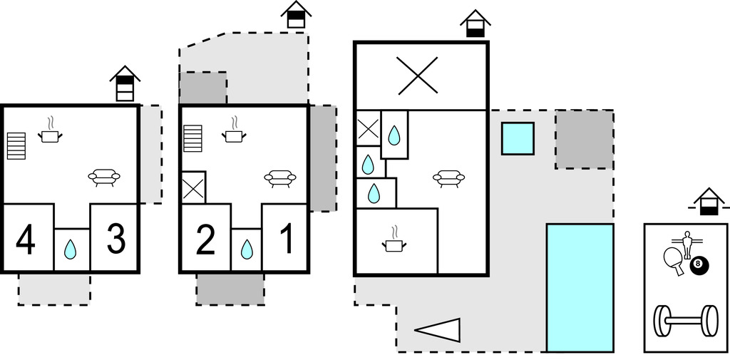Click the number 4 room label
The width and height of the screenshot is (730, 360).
click(x=25, y=240)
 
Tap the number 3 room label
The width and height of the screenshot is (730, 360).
click(x=115, y=240)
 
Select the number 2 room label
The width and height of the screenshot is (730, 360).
click(x=205, y=241)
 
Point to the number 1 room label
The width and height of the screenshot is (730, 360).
click(x=287, y=241)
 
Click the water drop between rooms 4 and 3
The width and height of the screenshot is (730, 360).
click(x=71, y=250)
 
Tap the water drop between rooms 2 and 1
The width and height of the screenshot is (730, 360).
click(x=247, y=250)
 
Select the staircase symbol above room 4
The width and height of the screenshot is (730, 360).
click(x=16, y=145)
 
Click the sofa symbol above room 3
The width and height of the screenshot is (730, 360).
click(x=104, y=176)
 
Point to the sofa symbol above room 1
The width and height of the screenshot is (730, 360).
click(x=279, y=176)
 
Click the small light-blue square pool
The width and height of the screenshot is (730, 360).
click(x=518, y=138)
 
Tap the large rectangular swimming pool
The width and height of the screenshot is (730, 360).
click(x=580, y=287)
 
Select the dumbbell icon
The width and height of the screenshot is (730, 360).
click(x=686, y=321)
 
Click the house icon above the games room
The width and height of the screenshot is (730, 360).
click(x=708, y=201)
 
